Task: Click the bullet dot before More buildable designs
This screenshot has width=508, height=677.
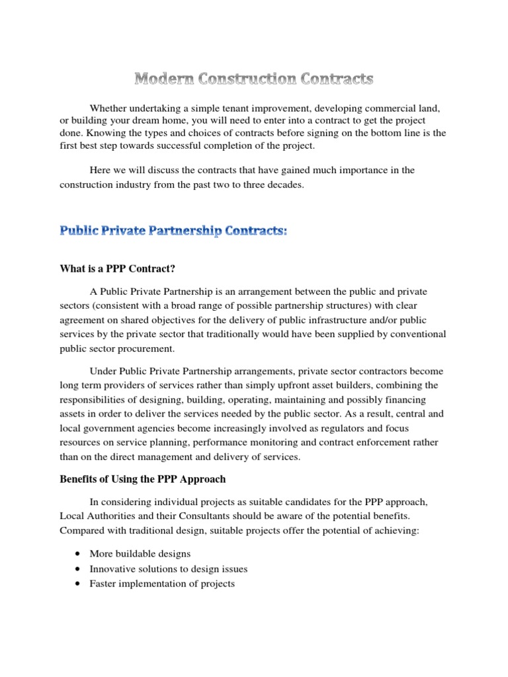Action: click(79, 553)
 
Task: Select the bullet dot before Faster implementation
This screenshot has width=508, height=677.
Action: click(79, 584)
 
